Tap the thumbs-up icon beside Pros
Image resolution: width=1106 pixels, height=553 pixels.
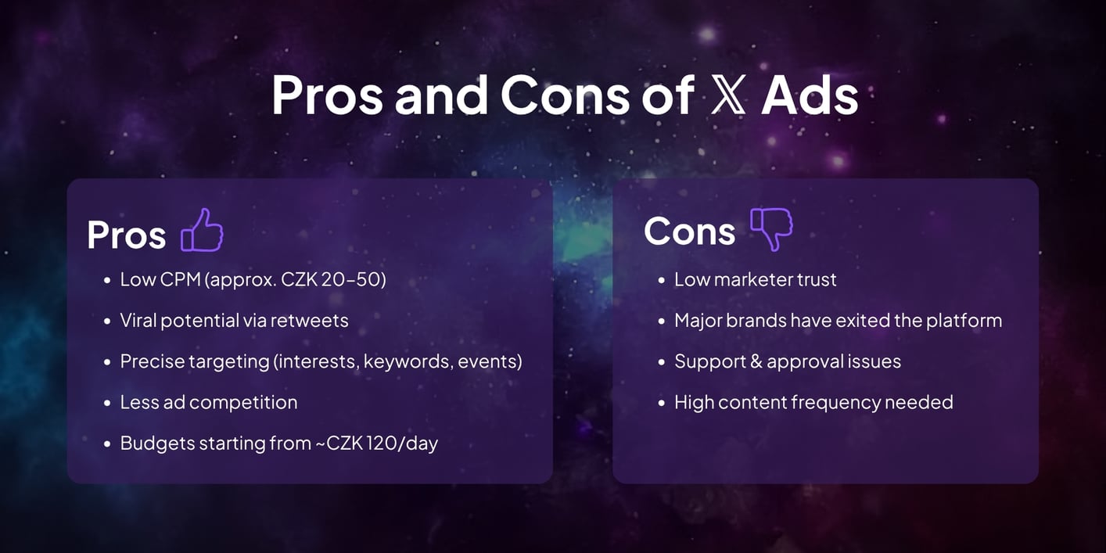click(x=202, y=230)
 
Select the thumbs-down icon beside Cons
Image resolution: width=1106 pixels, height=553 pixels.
click(x=771, y=228)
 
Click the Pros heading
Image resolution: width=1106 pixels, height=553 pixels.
click(x=127, y=234)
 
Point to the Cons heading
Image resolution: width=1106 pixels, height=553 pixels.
click(x=689, y=232)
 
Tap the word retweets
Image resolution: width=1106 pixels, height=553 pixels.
click(x=312, y=321)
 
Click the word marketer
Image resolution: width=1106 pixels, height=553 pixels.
click(x=752, y=280)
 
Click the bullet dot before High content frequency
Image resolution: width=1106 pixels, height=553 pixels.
click(x=661, y=403)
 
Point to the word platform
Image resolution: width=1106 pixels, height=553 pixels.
click(x=964, y=321)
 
